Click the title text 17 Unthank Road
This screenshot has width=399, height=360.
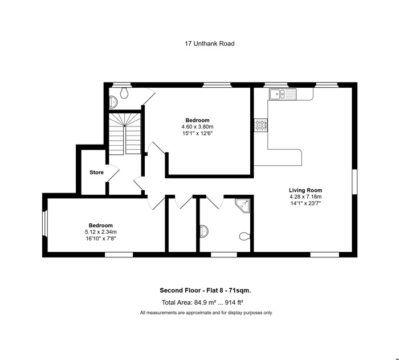tap(209, 43)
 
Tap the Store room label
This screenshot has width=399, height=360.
tap(97, 173)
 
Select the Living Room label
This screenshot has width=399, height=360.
tap(306, 190)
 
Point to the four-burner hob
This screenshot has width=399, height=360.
tap(261, 125)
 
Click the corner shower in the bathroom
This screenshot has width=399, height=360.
tap(242, 206)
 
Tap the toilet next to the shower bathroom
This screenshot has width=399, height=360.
tap(245, 236)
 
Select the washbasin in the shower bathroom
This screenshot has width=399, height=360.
tap(204, 231)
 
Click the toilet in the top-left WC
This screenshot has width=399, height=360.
tap(124, 93)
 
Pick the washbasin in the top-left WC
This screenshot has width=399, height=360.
tap(113, 102)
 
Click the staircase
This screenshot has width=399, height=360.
tap(125, 133)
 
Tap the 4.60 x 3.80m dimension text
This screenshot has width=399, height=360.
tap(197, 126)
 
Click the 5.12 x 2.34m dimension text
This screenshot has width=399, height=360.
tap(101, 232)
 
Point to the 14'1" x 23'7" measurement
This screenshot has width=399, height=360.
tap(306, 203)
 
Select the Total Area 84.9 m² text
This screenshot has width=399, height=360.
tap(202, 302)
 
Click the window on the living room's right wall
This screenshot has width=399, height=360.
tap(355, 182)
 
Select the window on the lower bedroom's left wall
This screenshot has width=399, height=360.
tap(45, 224)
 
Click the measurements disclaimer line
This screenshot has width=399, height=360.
tap(206, 313)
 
